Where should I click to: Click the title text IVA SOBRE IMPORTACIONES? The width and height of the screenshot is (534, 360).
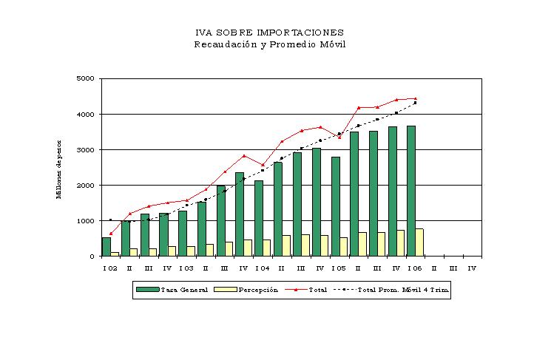tap(269, 33)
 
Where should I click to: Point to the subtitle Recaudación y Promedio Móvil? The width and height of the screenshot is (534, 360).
tap(270, 44)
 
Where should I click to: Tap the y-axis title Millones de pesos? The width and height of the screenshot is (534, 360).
tap(58, 169)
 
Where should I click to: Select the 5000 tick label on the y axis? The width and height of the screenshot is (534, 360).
tap(85, 78)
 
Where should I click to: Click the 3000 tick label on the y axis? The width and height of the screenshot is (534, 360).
tap(85, 150)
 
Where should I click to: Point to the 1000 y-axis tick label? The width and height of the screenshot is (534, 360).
tap(85, 221)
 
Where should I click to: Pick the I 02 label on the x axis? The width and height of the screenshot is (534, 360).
tap(110, 268)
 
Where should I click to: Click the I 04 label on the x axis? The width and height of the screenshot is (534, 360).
tap(263, 268)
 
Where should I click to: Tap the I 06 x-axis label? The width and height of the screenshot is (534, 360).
tap(415, 268)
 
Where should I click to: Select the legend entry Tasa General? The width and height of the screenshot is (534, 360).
tap(172, 290)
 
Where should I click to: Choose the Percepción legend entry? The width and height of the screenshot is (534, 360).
tap(246, 290)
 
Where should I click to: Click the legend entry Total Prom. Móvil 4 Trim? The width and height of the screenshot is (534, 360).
tap(391, 290)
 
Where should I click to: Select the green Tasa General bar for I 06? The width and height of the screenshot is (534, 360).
tap(411, 191)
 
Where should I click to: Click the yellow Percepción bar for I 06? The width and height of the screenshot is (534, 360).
tap(419, 242)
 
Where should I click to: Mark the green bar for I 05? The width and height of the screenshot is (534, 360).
tap(336, 206)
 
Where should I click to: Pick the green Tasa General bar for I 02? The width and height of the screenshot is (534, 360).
tap(107, 247)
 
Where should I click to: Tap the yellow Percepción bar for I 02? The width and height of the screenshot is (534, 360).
tap(115, 254)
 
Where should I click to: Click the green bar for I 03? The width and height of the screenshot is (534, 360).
tap(183, 234)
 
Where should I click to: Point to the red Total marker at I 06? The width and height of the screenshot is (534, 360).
tap(415, 98)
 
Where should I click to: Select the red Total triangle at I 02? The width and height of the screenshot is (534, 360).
tap(111, 234)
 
